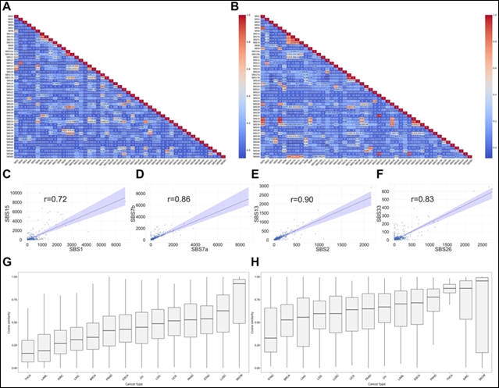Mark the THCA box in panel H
click(x=450, y=289)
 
